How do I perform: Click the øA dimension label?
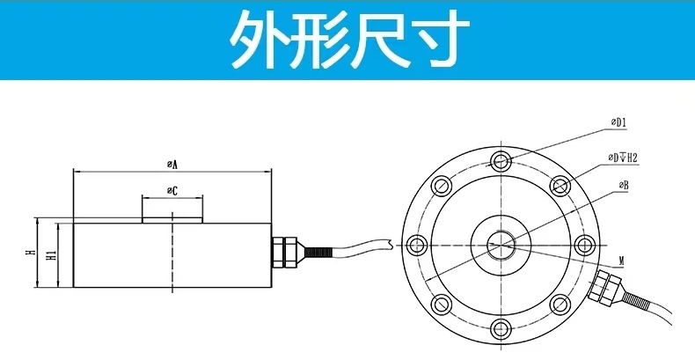tap(172, 164)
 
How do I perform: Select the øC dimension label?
tap(172, 191)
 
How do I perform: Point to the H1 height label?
tap(52, 255)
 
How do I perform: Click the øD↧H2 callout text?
tap(623, 158)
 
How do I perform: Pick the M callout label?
tap(621, 261)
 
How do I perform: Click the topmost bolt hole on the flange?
tap(501, 161)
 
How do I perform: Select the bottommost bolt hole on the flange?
tap(501, 329)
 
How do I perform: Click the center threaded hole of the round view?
tap(501, 246)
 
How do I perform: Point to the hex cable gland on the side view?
tap(284, 252)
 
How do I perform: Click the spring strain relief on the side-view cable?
tap(317, 253)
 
